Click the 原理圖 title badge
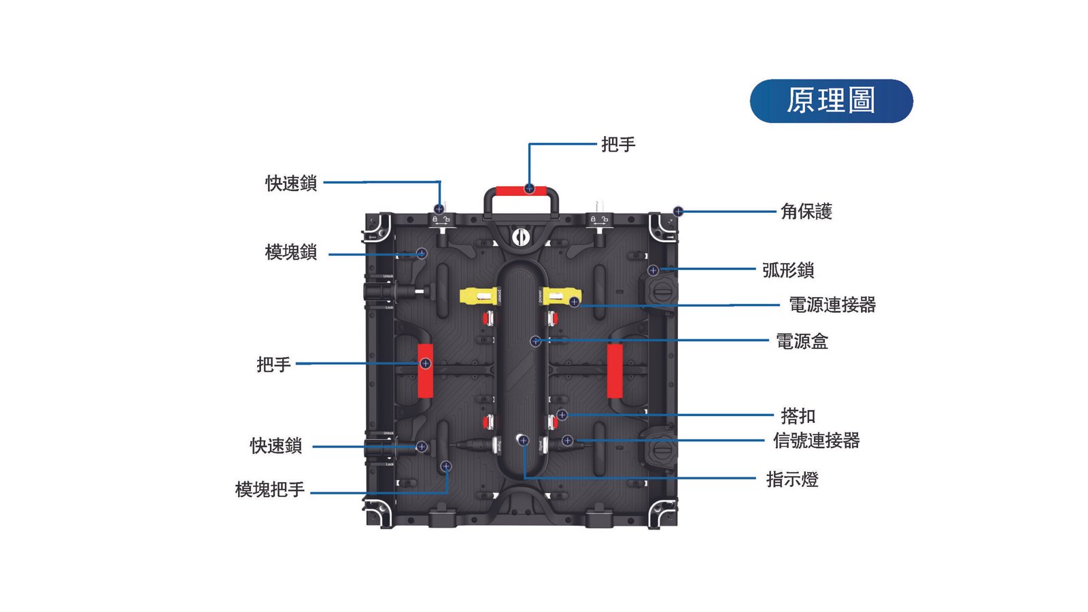click(x=831, y=101)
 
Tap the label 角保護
click(x=806, y=211)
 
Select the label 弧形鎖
click(x=788, y=270)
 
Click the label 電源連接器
click(x=832, y=305)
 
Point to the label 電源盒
click(x=802, y=341)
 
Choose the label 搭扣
click(x=798, y=416)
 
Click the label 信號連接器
click(x=816, y=441)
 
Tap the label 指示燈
click(x=792, y=479)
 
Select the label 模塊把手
click(x=269, y=490)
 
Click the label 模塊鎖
click(x=291, y=252)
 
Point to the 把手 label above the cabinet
click(x=618, y=144)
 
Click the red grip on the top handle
click(x=521, y=190)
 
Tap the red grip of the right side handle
click(x=615, y=371)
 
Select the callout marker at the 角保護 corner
click(x=678, y=211)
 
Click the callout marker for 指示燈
click(x=523, y=441)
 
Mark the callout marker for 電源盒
click(x=535, y=341)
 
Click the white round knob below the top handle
click(x=521, y=237)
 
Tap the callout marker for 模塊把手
click(x=446, y=466)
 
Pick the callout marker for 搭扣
click(x=562, y=415)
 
